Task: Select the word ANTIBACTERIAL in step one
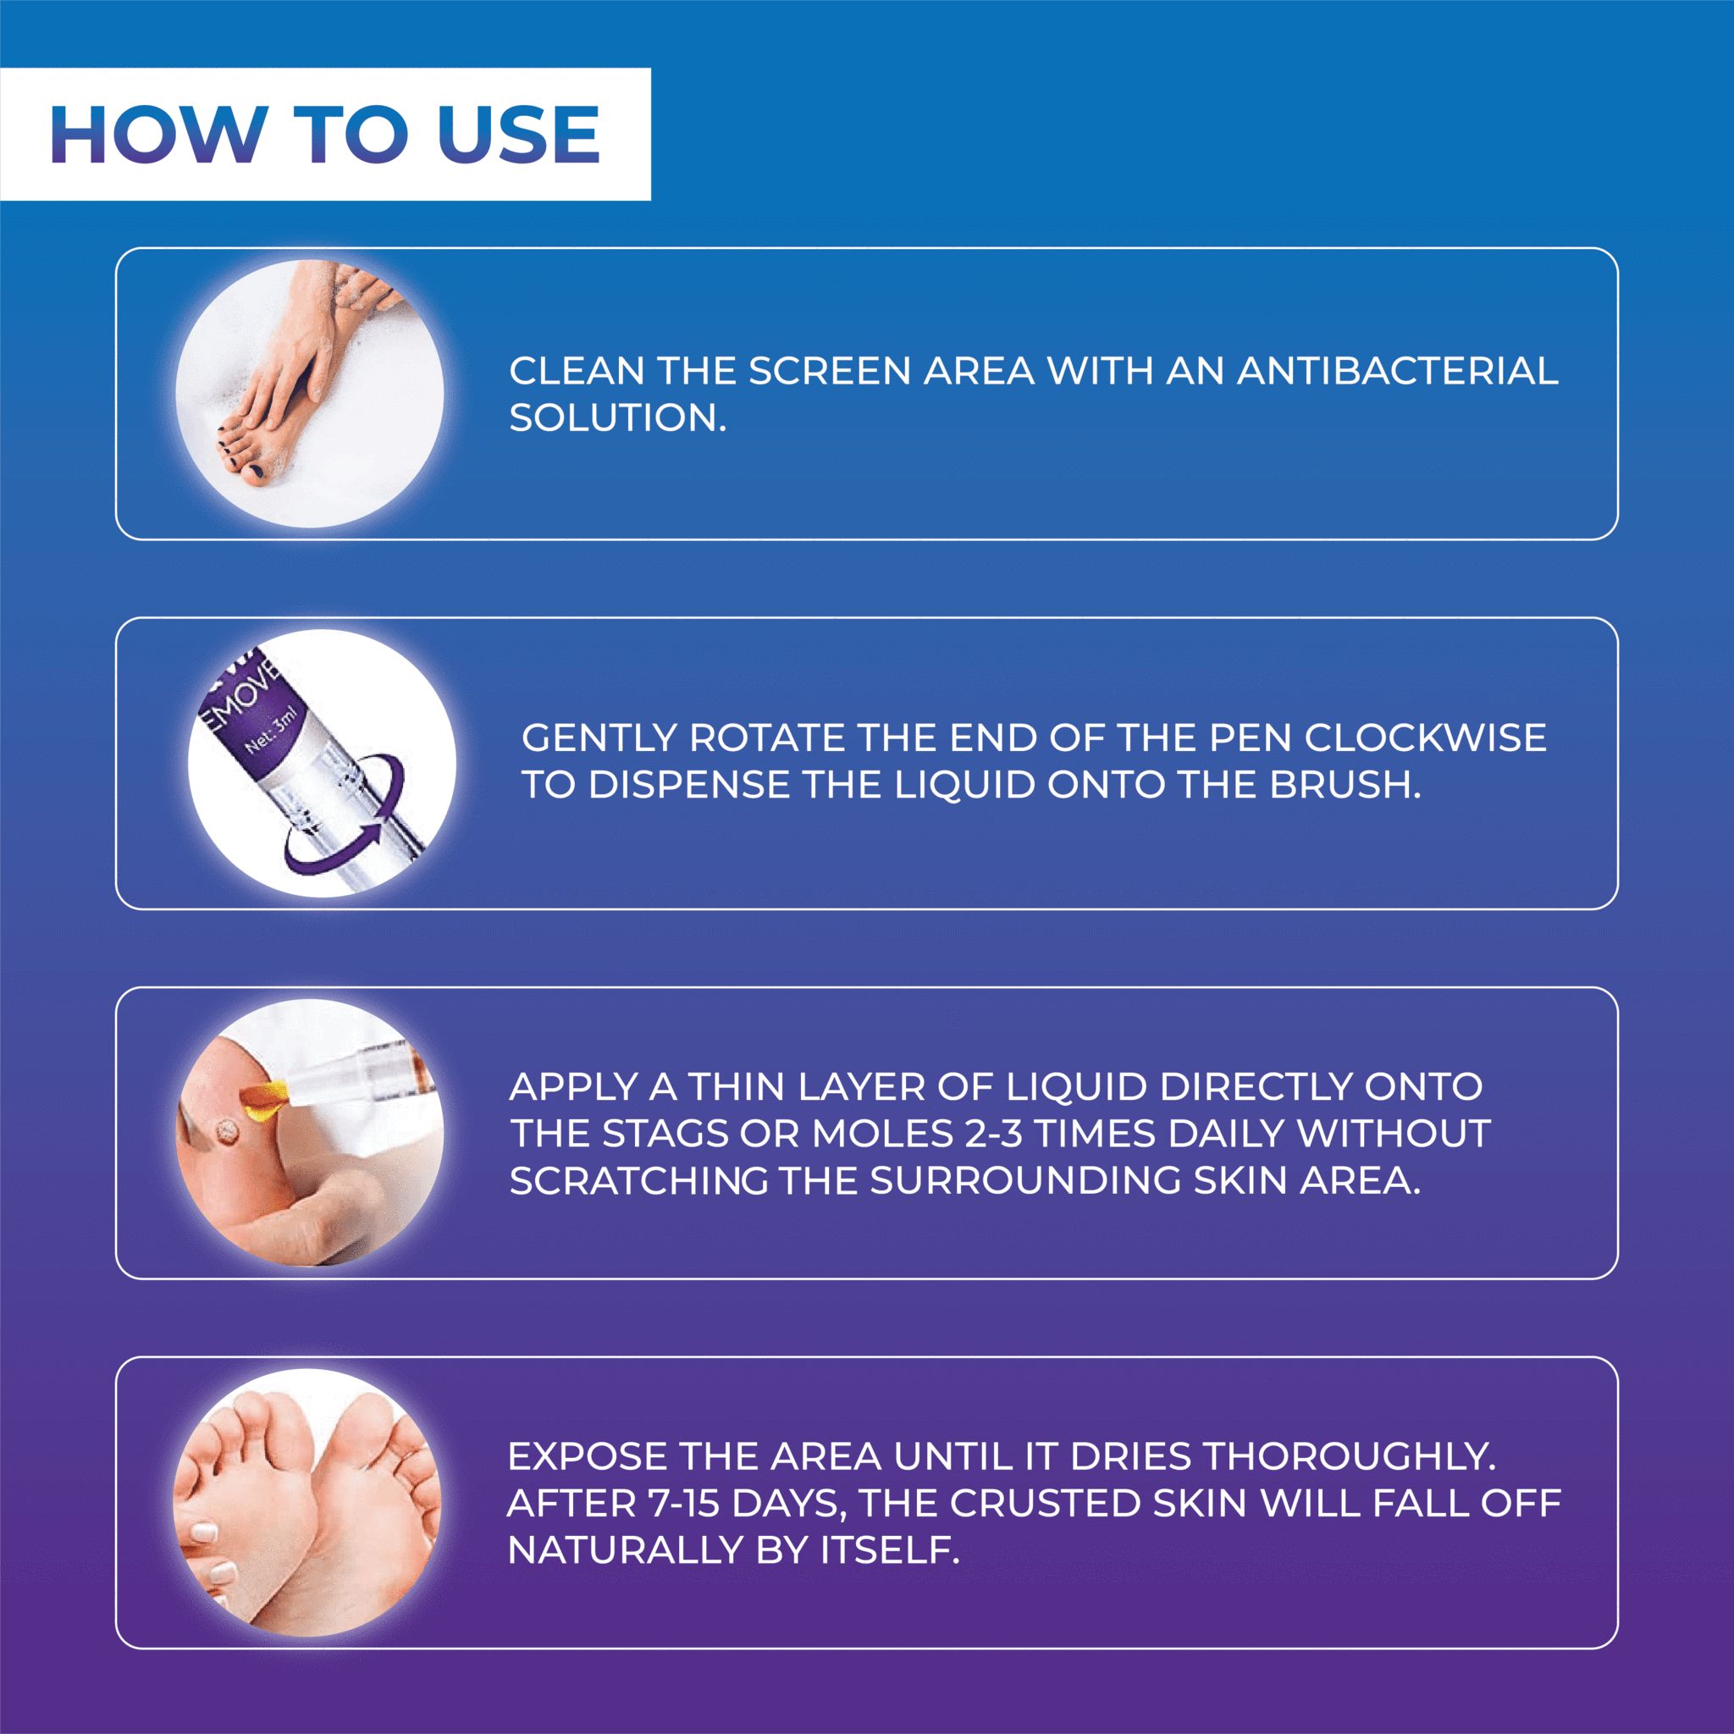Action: [1397, 371]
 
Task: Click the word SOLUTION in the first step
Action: [617, 417]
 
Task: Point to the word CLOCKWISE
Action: [1425, 737]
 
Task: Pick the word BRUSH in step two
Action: [1345, 784]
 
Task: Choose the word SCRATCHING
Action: [638, 1180]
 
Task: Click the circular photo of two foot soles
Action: [308, 1504]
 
